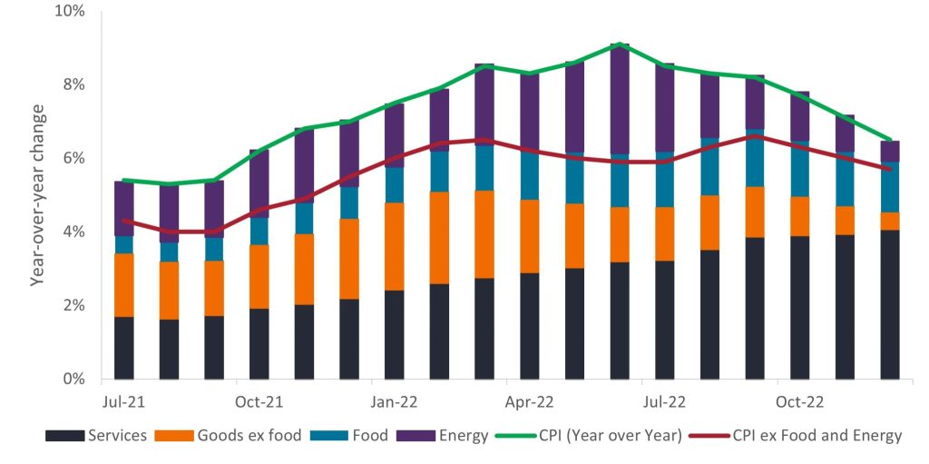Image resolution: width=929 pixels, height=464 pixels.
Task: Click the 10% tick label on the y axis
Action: point(69,12)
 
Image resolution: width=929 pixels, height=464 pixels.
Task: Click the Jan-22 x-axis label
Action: point(394,400)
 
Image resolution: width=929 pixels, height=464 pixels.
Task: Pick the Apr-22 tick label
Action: point(529,400)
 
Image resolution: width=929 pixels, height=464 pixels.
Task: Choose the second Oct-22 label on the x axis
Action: point(799,400)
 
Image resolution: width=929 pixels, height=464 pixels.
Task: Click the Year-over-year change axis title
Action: point(38,195)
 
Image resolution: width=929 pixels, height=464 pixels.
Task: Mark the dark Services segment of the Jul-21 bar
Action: point(123,348)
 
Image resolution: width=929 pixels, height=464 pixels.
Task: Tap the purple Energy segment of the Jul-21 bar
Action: point(123,208)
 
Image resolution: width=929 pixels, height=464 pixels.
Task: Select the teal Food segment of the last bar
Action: point(890,187)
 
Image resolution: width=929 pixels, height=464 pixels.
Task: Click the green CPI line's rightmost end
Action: point(890,140)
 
